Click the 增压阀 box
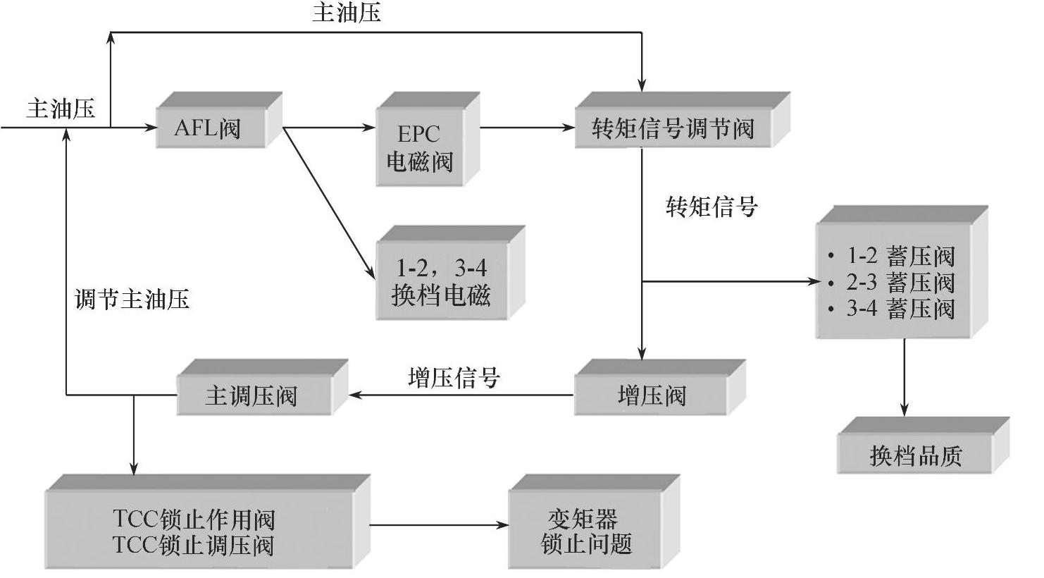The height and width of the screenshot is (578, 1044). pyautogui.click(x=652, y=395)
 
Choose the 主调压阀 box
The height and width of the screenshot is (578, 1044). pyautogui.click(x=252, y=395)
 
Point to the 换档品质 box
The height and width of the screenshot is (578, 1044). pyautogui.click(x=915, y=455)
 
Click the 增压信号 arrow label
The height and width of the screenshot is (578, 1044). pyautogui.click(x=454, y=378)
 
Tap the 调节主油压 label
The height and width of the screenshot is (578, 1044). pyautogui.click(x=132, y=300)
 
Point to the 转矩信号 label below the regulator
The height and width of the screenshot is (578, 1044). pyautogui.click(x=711, y=207)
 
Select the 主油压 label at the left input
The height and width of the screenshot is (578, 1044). pyautogui.click(x=61, y=109)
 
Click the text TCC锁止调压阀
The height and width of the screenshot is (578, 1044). pyautogui.click(x=193, y=545)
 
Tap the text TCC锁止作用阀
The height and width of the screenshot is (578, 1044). pyautogui.click(x=193, y=519)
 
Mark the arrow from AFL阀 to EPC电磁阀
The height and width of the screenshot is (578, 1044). pyautogui.click(x=328, y=128)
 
